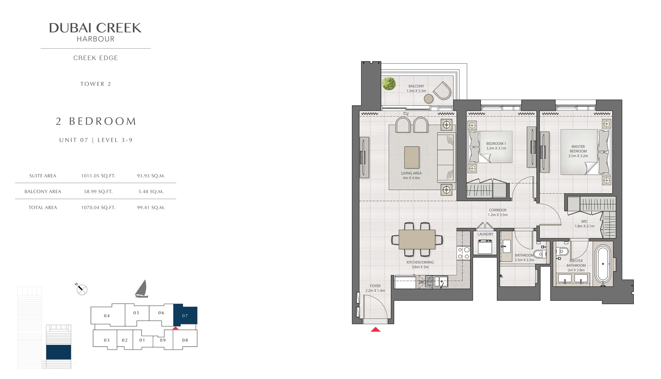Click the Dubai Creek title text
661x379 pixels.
[x=95, y=28]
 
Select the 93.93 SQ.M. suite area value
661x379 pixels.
[x=151, y=176]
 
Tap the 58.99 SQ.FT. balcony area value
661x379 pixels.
[x=98, y=191]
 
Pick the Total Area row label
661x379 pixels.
[x=43, y=208]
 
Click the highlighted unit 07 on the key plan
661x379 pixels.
[x=185, y=315]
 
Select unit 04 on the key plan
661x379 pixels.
[x=107, y=316]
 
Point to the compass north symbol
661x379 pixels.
[x=81, y=289]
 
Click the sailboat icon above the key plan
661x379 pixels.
[x=142, y=289]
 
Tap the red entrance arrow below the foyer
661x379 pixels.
[x=376, y=330]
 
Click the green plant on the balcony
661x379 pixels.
[x=388, y=83]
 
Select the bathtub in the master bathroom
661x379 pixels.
[x=603, y=263]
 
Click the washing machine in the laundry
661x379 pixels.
[x=485, y=247]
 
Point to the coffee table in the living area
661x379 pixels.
[x=412, y=157]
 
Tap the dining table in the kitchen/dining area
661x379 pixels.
[x=417, y=239]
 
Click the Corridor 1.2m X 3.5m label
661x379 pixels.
[x=498, y=213]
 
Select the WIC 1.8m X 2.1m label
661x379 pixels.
[x=584, y=224]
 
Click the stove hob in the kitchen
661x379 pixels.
[x=464, y=253]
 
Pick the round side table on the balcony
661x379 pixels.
[x=429, y=98]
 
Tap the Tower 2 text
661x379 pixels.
[x=96, y=84]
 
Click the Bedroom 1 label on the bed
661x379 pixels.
[x=496, y=146]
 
